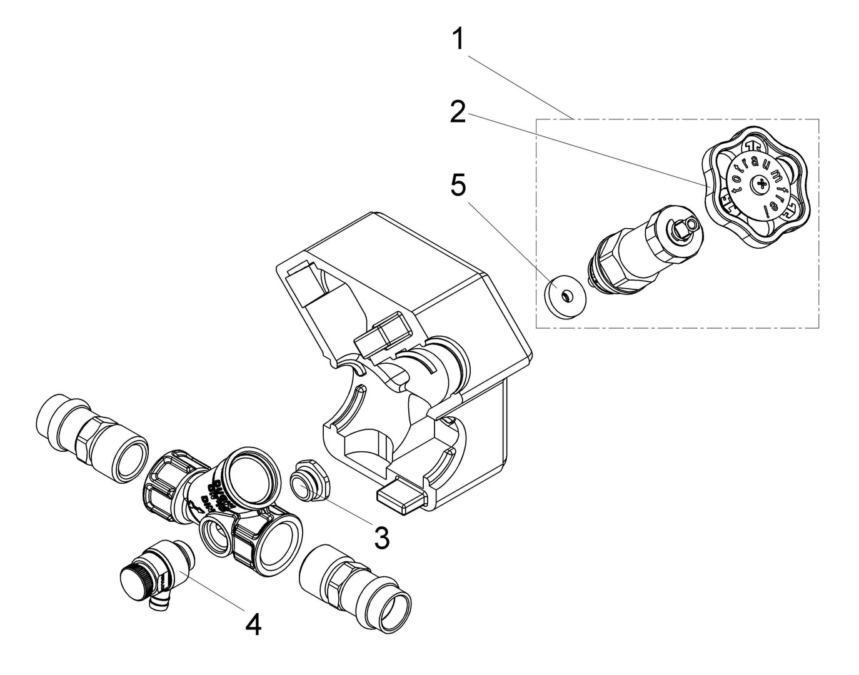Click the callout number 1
(x=459, y=40)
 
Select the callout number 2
(x=458, y=112)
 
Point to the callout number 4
(x=253, y=624)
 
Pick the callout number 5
(x=458, y=186)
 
